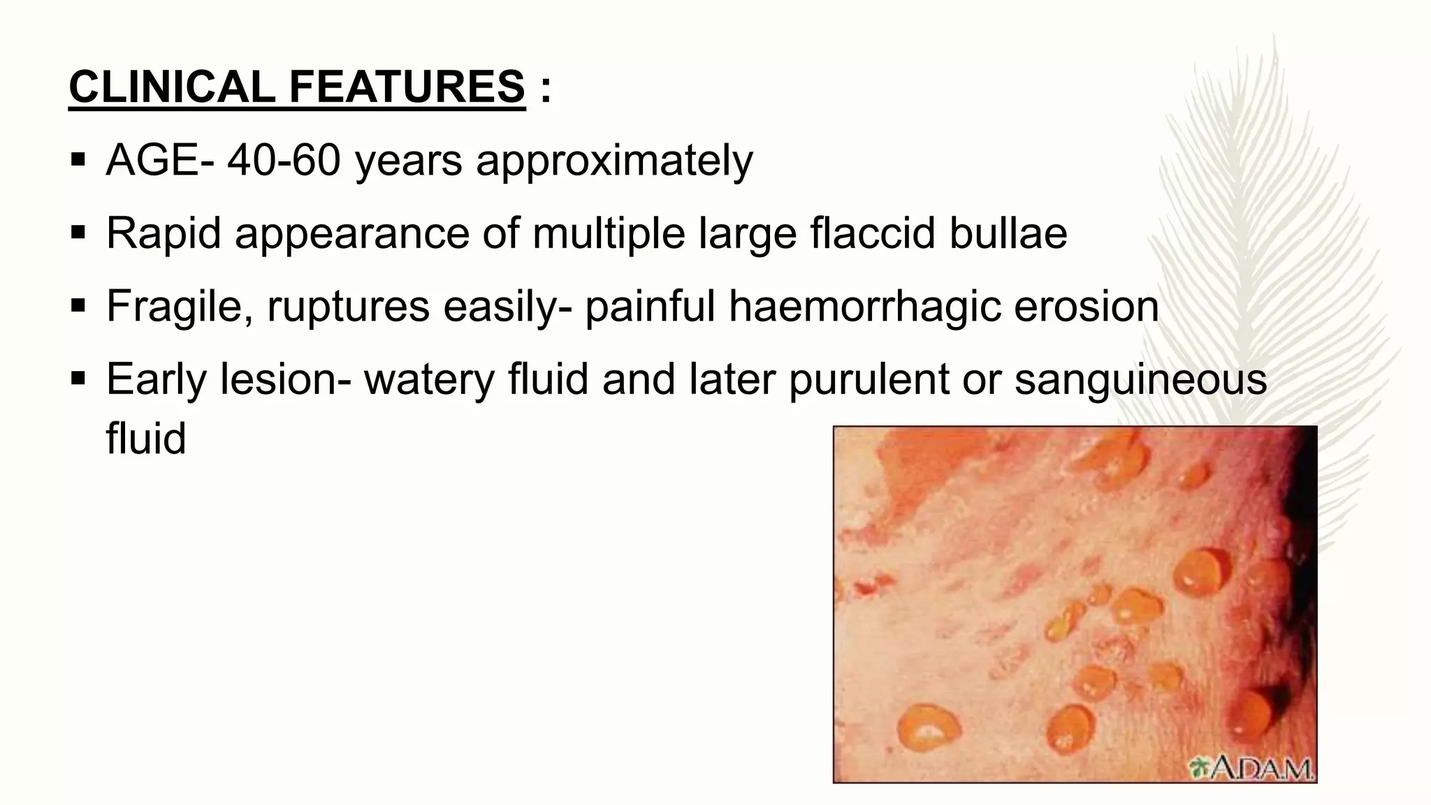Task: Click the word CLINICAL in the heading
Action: tap(172, 87)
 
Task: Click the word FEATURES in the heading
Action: tap(407, 87)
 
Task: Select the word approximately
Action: tap(614, 162)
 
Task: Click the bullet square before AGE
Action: tap(78, 160)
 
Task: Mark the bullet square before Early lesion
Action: tap(78, 379)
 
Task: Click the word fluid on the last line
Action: tap(146, 439)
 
